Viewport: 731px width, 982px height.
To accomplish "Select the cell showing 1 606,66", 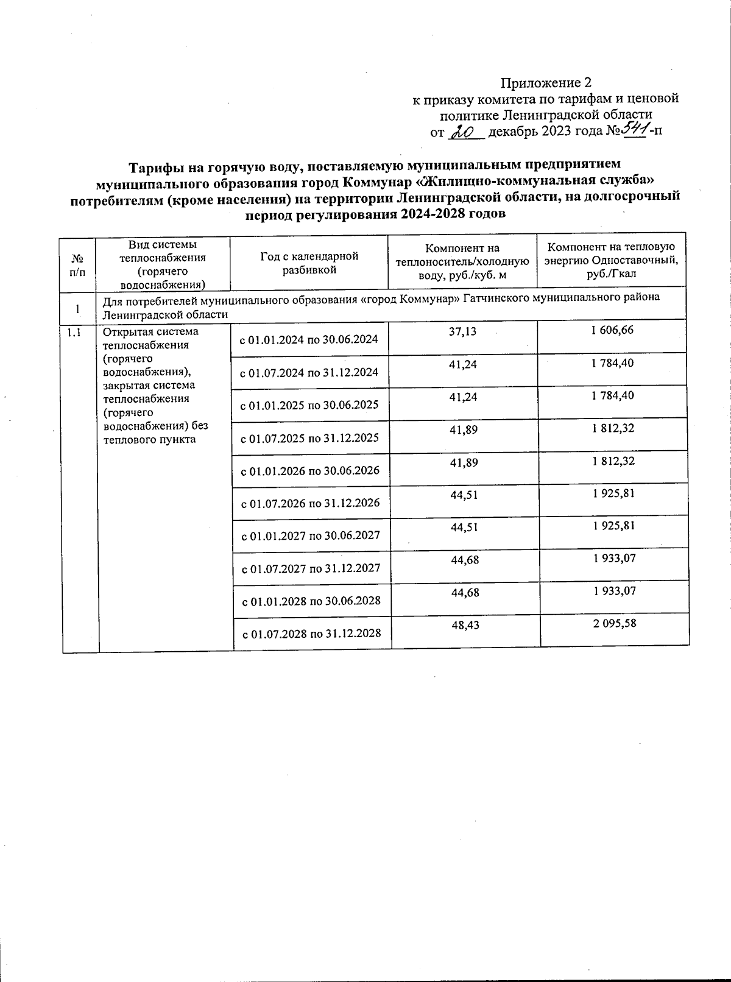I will [613, 330].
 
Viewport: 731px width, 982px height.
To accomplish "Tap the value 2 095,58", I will [614, 623].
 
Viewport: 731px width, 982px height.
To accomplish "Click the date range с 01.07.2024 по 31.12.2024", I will [310, 372].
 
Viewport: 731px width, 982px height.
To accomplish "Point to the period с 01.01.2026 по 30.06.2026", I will [311, 470].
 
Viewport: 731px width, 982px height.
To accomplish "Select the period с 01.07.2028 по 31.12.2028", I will [312, 634].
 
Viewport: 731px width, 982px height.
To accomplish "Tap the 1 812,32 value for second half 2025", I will [613, 428].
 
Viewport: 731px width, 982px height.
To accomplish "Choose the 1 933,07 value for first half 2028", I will [614, 590].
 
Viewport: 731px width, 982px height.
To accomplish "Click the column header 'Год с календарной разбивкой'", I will [309, 263].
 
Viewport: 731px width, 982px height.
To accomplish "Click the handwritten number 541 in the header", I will [635, 129].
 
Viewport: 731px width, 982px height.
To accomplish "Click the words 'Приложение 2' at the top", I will [546, 82].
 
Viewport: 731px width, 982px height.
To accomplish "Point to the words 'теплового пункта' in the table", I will [150, 439].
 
